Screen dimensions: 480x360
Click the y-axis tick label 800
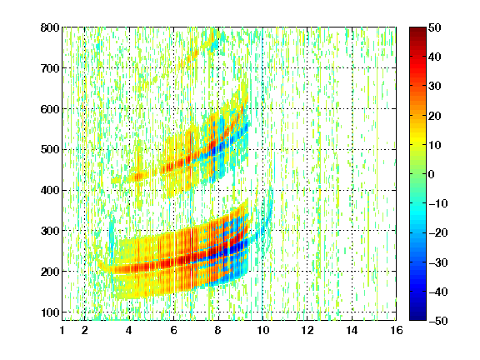click(x=50, y=27)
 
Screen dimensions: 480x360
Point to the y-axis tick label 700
click(x=50, y=68)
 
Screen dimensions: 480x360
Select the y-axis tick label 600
click(x=50, y=109)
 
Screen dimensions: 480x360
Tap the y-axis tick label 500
click(x=50, y=150)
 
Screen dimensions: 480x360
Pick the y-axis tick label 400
click(x=50, y=190)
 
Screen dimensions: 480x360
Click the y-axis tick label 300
click(x=50, y=231)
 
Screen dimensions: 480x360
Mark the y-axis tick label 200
click(x=50, y=272)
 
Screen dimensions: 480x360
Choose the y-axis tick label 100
click(x=50, y=312)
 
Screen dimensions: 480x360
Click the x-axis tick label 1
click(x=62, y=330)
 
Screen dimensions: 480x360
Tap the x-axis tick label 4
click(x=129, y=330)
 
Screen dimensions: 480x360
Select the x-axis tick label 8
click(x=218, y=330)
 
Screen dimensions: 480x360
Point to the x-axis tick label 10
click(x=262, y=330)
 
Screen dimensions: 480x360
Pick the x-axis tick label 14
click(x=352, y=330)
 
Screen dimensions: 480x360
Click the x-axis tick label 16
click(x=397, y=330)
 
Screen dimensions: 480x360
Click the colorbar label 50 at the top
click(x=435, y=27)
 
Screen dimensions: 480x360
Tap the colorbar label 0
click(x=432, y=174)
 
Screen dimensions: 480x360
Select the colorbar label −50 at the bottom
click(x=438, y=321)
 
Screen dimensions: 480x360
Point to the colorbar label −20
click(x=438, y=232)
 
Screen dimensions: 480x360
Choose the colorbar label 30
click(x=435, y=86)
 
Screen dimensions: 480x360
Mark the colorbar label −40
click(x=438, y=292)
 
